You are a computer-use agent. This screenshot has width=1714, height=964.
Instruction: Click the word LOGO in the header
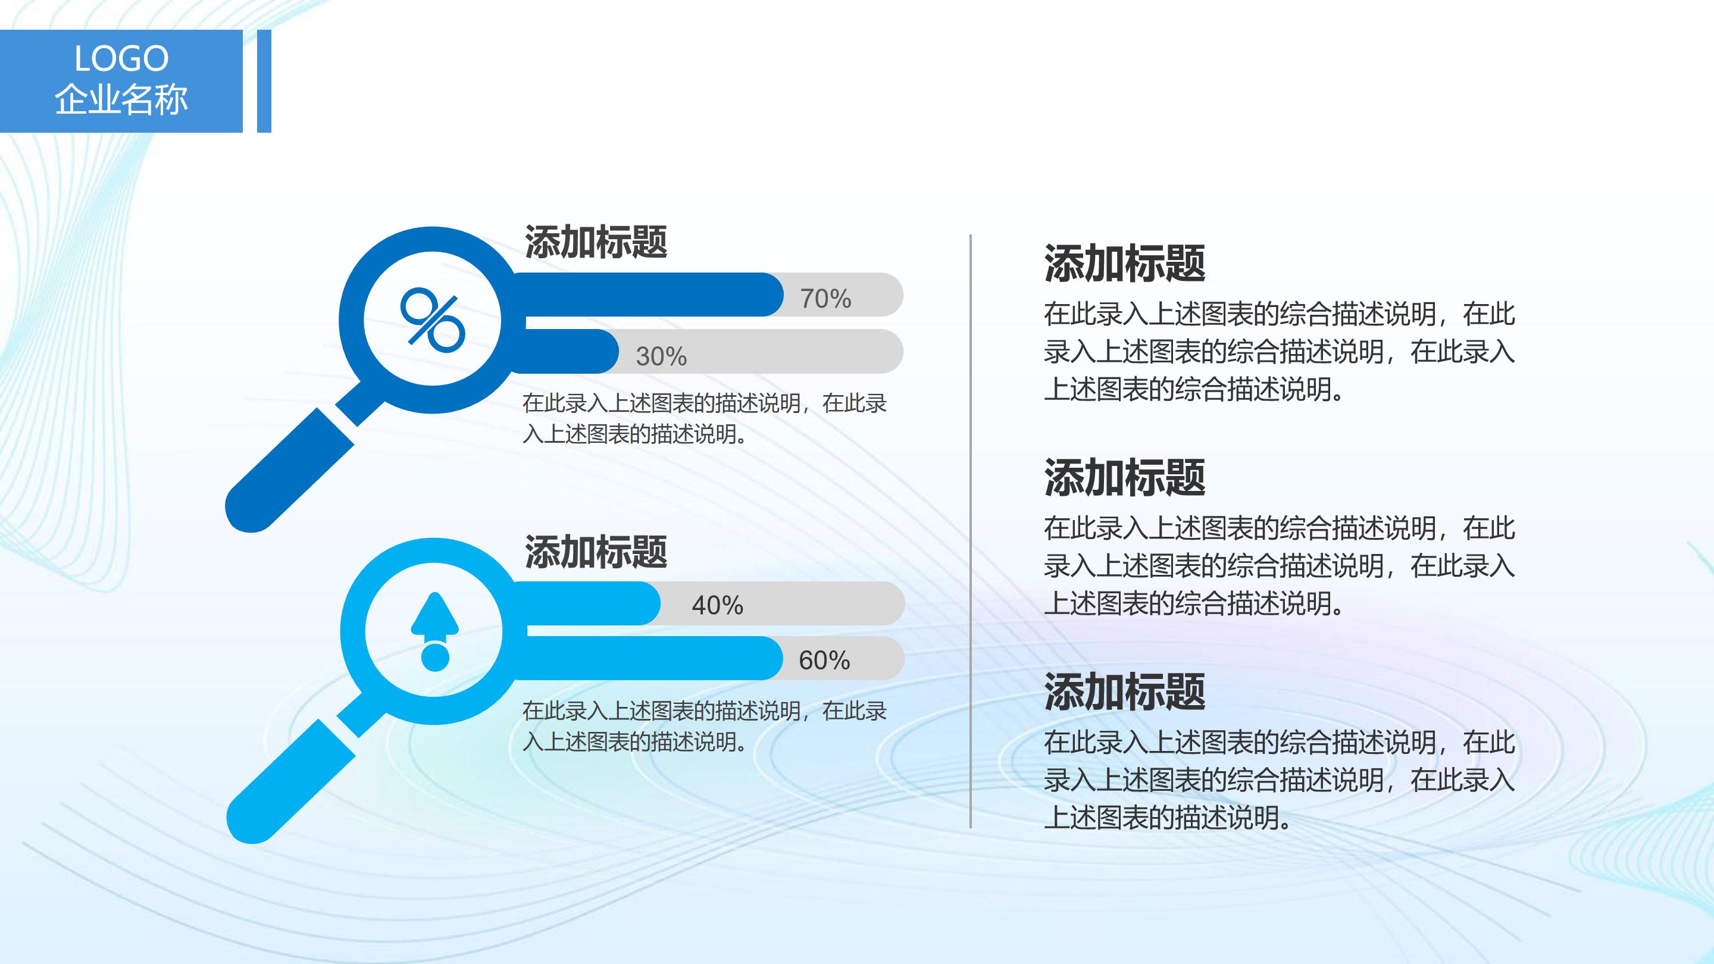pos(121,58)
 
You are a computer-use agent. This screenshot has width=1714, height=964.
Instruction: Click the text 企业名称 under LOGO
pos(121,100)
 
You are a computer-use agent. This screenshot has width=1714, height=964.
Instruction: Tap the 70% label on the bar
pos(825,299)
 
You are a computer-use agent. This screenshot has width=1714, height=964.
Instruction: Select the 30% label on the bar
pos(661,356)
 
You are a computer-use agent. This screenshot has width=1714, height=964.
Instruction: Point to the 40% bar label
pos(717,605)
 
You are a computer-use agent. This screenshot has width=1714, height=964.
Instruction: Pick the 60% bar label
pos(824,660)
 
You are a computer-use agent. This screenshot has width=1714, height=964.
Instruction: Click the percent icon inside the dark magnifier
pos(432,320)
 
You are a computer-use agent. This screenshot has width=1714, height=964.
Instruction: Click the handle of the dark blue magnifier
pos(286,472)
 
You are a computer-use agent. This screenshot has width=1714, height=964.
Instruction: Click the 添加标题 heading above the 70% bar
pos(596,242)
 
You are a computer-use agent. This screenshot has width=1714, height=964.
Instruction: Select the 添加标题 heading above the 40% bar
pos(596,552)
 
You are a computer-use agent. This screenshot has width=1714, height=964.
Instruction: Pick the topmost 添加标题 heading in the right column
pos(1124,264)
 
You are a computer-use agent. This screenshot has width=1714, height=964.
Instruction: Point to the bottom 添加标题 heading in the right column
pos(1124,692)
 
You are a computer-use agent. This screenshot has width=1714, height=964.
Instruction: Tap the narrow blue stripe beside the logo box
pos(264,81)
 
